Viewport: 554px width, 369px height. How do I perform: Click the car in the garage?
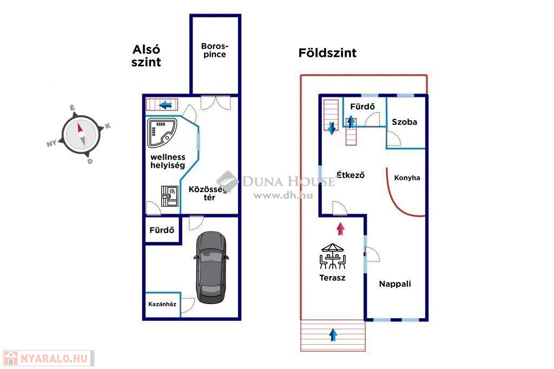point(211,267)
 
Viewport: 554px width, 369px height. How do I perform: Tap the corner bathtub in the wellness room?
point(162,133)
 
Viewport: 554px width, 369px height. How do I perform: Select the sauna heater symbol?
point(170,196)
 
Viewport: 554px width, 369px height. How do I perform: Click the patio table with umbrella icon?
point(332,256)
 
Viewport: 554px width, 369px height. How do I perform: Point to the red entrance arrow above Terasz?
point(340,228)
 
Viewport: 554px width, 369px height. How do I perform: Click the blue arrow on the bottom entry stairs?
point(333,335)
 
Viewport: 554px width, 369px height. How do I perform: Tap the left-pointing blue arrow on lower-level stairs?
point(166,104)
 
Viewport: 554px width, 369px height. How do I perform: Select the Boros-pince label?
point(214,50)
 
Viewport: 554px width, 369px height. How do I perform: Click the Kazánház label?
point(162,304)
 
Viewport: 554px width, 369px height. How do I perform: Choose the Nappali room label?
point(395,284)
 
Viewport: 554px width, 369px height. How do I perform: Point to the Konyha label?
point(407,177)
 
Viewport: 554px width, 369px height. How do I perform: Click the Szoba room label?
point(405,122)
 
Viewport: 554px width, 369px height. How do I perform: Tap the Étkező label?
point(351,175)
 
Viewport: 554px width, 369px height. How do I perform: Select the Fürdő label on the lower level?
point(162,230)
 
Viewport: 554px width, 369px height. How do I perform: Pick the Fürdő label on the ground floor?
point(362,107)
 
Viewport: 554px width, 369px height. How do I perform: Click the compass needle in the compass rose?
point(81,133)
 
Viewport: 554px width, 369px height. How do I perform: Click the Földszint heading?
point(327,53)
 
